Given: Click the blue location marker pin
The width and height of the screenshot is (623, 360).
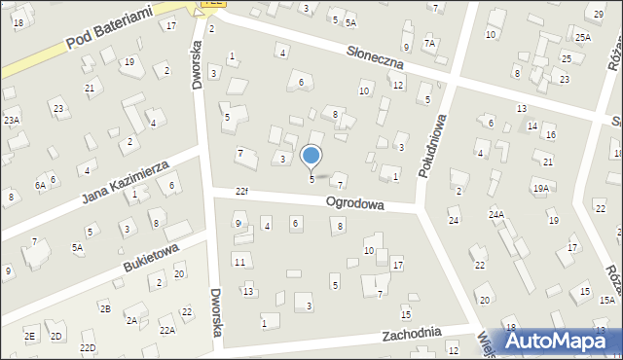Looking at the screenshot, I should click(311, 157).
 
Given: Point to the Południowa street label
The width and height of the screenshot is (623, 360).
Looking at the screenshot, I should click(433, 144).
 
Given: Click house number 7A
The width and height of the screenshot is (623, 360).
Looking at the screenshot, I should click(429, 44).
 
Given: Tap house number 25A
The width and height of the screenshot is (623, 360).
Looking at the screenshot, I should click(582, 37).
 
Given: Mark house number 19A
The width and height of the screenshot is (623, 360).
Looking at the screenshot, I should click(540, 187).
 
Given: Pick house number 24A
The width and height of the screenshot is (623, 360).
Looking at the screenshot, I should click(496, 214).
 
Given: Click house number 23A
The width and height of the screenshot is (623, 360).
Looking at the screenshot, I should click(11, 120).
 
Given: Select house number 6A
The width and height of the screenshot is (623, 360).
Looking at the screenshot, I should click(40, 185).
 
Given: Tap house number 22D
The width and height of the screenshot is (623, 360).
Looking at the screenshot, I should click(88, 347).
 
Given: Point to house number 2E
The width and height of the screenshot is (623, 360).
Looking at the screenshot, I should click(29, 336).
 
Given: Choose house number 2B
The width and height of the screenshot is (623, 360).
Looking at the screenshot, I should click(104, 308).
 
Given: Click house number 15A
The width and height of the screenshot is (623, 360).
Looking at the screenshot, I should click(606, 301).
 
